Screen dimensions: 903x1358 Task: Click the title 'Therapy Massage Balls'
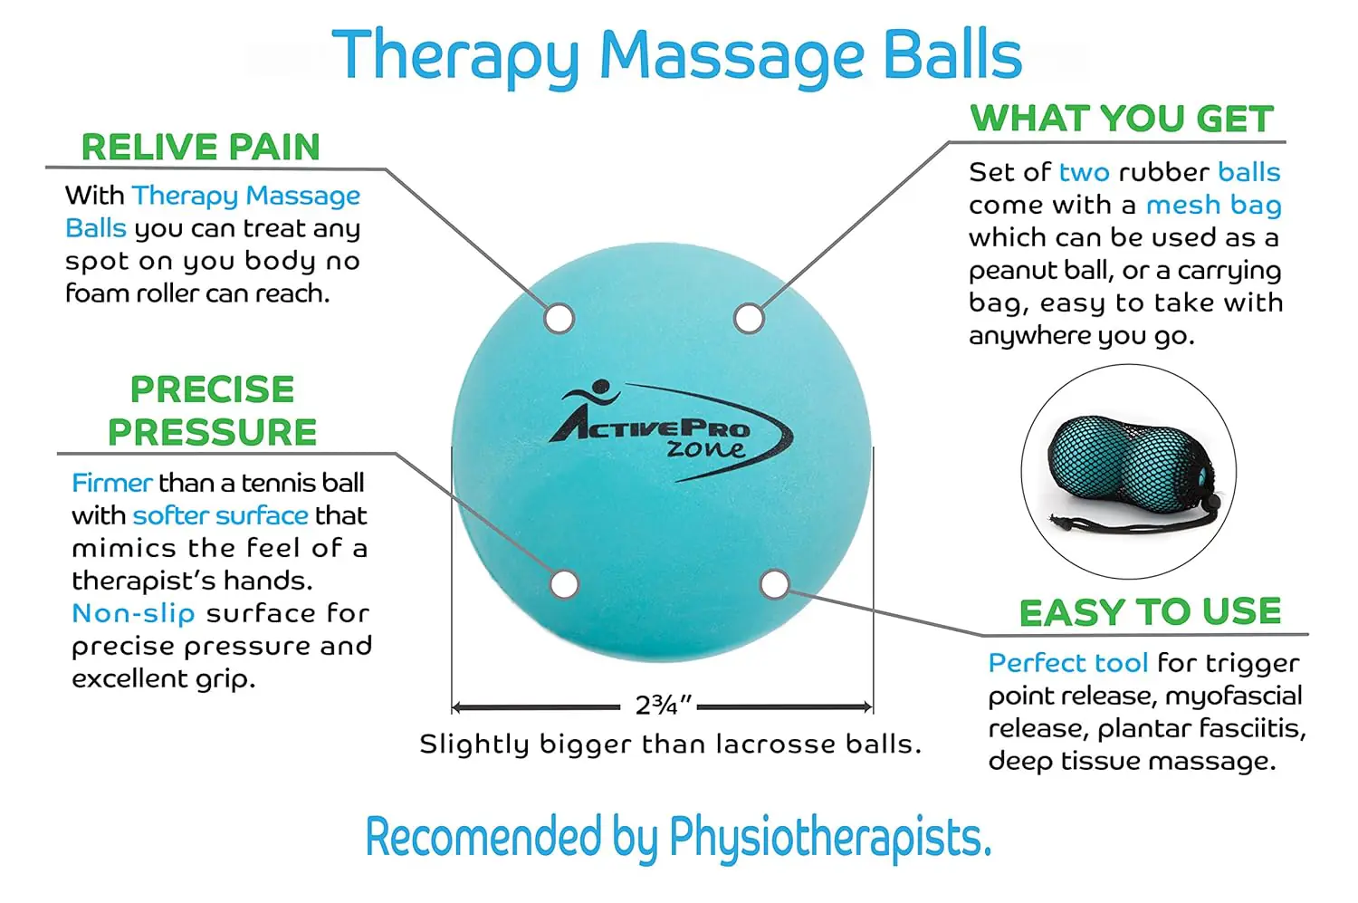pyautogui.click(x=677, y=56)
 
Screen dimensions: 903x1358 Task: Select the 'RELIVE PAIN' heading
pyautogui.click(x=200, y=147)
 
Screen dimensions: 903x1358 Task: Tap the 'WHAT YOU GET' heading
pyautogui.click(x=1122, y=119)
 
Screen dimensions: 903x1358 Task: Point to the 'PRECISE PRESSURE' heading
pyautogui.click(x=212, y=410)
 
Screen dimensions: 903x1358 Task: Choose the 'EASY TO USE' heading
pyautogui.click(x=1150, y=612)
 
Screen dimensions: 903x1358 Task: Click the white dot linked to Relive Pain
pyautogui.click(x=559, y=319)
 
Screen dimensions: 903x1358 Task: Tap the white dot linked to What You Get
pyautogui.click(x=749, y=319)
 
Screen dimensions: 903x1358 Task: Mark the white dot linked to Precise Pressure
pyautogui.click(x=564, y=584)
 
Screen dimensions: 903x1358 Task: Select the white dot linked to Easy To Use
pyautogui.click(x=775, y=584)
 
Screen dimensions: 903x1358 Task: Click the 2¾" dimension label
pyautogui.click(x=663, y=706)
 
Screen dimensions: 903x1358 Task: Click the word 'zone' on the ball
pyautogui.click(x=706, y=448)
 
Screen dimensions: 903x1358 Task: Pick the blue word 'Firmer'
pyautogui.click(x=111, y=483)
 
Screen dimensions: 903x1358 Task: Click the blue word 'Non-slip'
pyautogui.click(x=133, y=613)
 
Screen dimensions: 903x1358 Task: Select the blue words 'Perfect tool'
pyautogui.click(x=1067, y=663)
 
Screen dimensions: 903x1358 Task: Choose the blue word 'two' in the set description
pyautogui.click(x=1084, y=172)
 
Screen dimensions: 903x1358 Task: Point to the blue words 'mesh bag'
pyautogui.click(x=1213, y=206)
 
